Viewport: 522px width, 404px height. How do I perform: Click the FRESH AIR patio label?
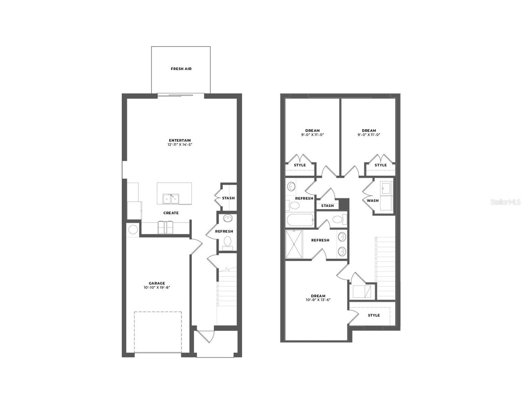[181, 69]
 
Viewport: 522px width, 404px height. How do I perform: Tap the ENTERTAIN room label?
[180, 140]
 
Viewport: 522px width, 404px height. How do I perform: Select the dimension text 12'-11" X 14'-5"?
[180, 145]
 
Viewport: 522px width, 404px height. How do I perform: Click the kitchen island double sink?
[170, 199]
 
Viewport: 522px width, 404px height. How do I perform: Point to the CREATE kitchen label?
[171, 213]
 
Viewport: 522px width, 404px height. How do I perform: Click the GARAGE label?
[157, 283]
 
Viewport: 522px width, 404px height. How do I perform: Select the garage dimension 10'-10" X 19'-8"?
[157, 288]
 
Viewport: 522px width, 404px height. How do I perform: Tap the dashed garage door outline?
[158, 332]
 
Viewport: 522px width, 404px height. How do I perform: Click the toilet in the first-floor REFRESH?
[228, 242]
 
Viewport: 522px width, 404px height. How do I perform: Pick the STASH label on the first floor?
[228, 198]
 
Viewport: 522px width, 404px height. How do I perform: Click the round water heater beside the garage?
[133, 230]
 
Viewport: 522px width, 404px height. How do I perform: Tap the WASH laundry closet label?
[372, 201]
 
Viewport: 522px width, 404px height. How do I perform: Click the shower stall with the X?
[294, 244]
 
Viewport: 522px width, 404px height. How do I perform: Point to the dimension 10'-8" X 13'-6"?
[318, 300]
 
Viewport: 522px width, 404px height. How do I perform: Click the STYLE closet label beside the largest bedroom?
[373, 315]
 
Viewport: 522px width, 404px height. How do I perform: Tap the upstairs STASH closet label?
[327, 206]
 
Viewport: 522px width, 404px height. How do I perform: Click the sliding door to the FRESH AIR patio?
[181, 95]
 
